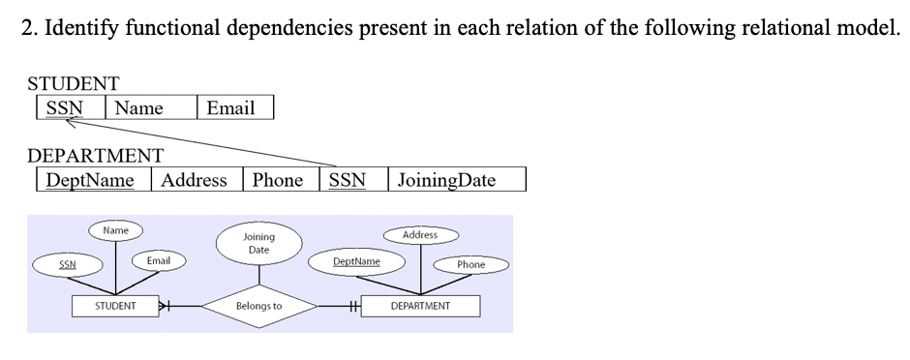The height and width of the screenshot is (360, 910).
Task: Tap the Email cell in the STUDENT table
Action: point(233,107)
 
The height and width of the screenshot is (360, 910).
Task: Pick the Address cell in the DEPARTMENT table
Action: point(196,180)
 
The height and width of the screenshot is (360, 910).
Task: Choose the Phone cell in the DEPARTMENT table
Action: point(279,180)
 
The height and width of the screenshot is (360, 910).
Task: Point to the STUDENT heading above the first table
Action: point(75,84)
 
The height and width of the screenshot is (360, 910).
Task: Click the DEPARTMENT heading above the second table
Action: point(95,156)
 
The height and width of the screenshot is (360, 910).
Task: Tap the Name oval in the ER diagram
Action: point(116,230)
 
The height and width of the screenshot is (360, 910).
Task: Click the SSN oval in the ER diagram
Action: point(68,264)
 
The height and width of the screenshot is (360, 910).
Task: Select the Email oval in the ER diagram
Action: point(158,260)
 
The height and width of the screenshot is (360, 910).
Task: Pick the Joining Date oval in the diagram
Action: point(258,244)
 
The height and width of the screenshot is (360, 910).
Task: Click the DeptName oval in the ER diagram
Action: point(356,261)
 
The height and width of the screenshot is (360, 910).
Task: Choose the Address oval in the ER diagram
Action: point(420,234)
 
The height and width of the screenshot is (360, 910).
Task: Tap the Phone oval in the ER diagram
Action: point(471,264)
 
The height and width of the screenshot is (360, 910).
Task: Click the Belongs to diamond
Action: point(258,307)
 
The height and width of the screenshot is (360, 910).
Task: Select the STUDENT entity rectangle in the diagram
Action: point(115,306)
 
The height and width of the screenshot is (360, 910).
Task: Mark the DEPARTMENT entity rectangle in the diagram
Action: point(420,306)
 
